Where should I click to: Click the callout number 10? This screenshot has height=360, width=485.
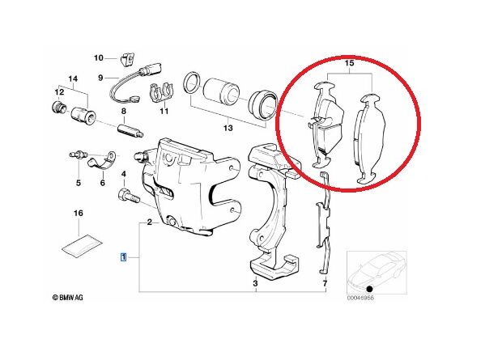[98, 57]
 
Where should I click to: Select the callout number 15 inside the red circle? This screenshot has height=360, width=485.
[349, 63]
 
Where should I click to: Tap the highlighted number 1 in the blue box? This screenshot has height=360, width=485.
[123, 257]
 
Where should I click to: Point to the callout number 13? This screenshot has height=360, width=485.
[228, 128]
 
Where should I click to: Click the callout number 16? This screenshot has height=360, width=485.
[79, 213]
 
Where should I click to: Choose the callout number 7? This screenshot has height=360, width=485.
[325, 283]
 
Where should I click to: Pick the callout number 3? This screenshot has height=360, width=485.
[255, 283]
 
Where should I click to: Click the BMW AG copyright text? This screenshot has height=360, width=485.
[68, 298]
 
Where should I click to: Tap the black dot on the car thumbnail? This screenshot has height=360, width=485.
[368, 290]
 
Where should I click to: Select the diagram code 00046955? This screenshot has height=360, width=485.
[360, 298]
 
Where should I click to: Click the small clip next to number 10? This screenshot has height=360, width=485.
[126, 59]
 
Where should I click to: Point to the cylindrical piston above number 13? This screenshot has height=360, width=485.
[222, 90]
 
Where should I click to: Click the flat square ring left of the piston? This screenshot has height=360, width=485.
[193, 83]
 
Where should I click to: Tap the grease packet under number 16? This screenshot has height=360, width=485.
[82, 245]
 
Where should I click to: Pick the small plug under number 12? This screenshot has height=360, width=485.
[58, 107]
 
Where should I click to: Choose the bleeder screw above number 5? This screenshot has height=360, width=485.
[79, 155]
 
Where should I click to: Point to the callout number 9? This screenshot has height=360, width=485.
[100, 78]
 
